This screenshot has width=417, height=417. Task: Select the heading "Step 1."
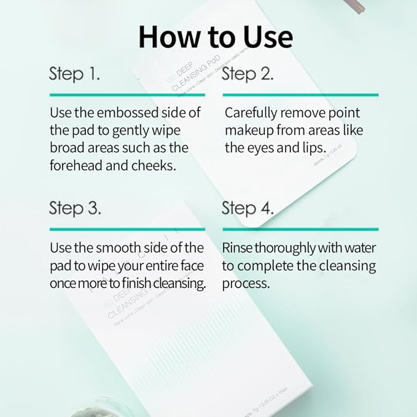pos(74,75)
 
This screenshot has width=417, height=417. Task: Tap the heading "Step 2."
pos(247,75)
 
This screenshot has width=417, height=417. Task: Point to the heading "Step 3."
pos(75,208)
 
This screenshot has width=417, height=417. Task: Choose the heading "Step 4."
pos(248,208)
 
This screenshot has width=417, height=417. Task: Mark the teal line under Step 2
pos(300,95)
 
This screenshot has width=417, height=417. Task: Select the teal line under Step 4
pos(300,229)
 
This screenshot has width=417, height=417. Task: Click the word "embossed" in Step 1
pos(126,114)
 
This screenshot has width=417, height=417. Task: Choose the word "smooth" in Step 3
pos(115,248)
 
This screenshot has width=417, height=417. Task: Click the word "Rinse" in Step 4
pos(237,248)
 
